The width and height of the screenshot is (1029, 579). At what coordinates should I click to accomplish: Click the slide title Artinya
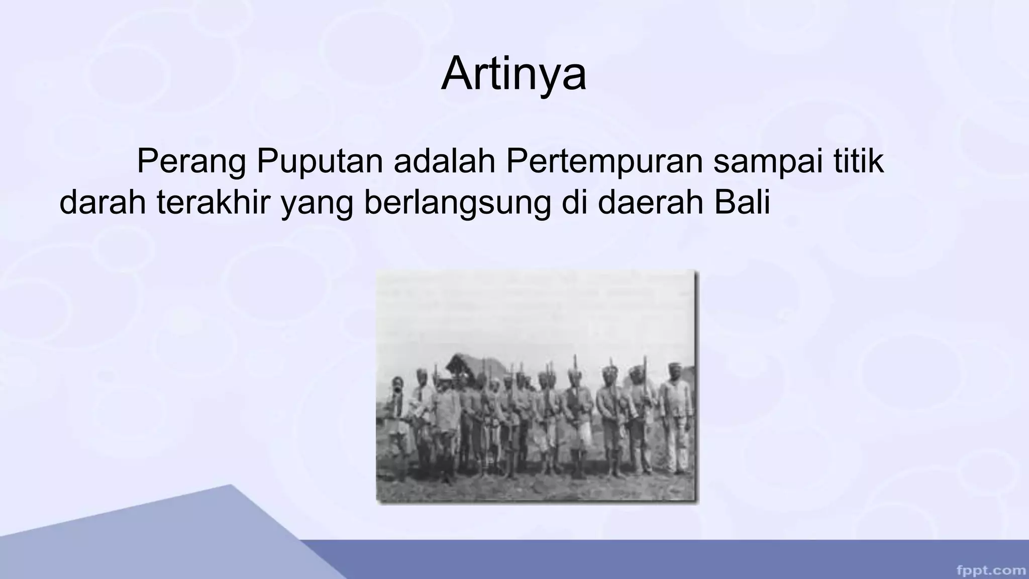click(513, 74)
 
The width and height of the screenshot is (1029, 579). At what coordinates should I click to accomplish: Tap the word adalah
click(445, 161)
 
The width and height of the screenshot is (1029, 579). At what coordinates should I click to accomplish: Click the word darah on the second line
click(103, 202)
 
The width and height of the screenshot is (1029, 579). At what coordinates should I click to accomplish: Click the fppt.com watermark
click(991, 570)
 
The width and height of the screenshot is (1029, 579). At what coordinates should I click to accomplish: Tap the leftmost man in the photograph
click(398, 422)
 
